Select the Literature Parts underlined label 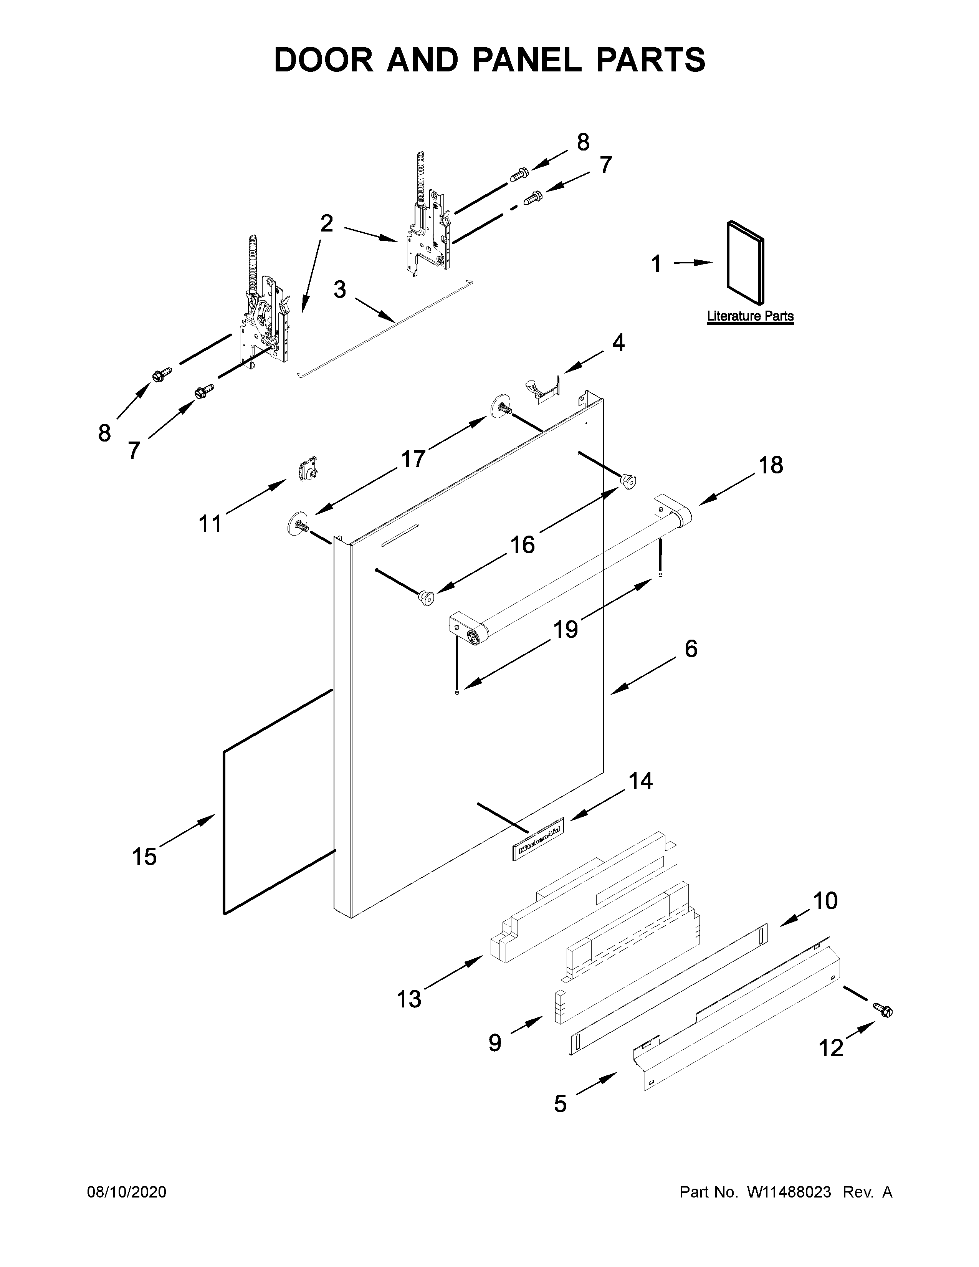coord(750,316)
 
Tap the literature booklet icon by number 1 coord(745,262)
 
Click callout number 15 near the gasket coord(144,856)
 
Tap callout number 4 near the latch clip coord(618,343)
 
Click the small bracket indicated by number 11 coord(308,469)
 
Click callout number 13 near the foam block coord(409,999)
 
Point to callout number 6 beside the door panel coord(691,648)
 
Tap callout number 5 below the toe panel coord(560,1103)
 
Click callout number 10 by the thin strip coord(825,901)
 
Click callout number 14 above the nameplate coord(641,781)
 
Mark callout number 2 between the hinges coord(327,223)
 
